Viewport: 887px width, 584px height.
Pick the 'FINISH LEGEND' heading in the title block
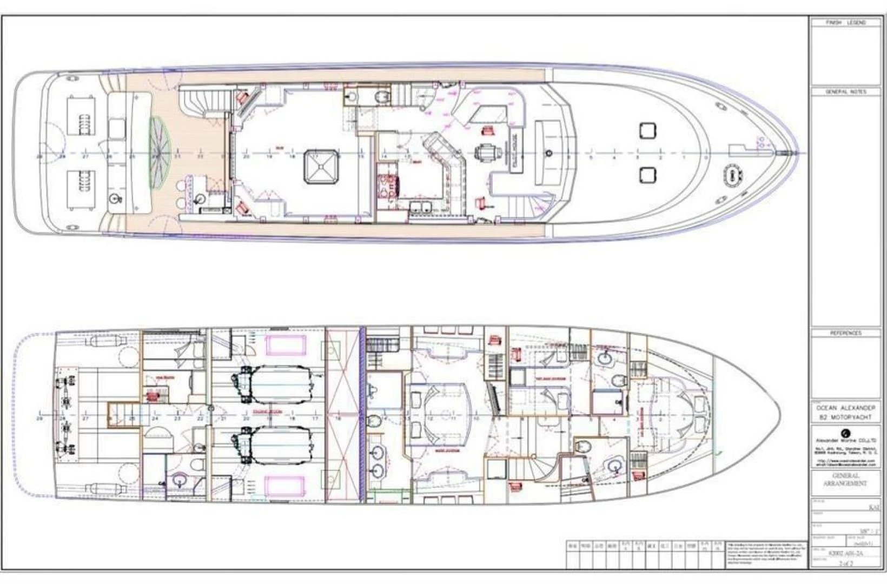tap(845, 23)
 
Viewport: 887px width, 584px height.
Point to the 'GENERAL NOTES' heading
tap(845, 92)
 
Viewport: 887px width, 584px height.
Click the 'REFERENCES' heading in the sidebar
tap(845, 334)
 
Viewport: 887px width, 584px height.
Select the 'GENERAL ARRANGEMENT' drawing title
tap(845, 480)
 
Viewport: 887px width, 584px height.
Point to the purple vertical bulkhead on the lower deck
tap(362, 414)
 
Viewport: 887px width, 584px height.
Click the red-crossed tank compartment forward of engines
tap(342, 414)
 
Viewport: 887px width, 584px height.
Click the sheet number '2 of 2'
tap(845, 563)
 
